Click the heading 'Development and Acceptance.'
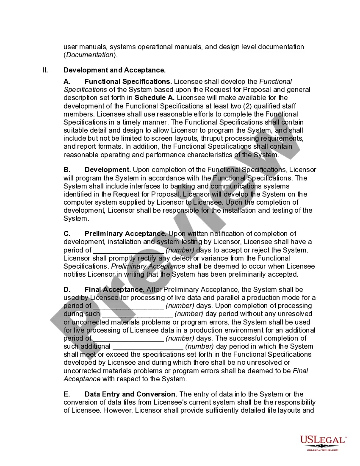114,70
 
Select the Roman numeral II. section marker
45,70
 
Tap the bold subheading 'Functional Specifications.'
128,81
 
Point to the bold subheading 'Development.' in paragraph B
108,170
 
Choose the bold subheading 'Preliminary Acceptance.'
125,234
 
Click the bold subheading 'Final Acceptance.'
114,290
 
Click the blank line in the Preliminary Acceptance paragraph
128,250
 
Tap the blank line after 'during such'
137,314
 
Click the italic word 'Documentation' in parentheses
89,55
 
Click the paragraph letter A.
67,81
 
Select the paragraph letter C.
67,234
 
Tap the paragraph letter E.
67,394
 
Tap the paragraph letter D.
67,290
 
